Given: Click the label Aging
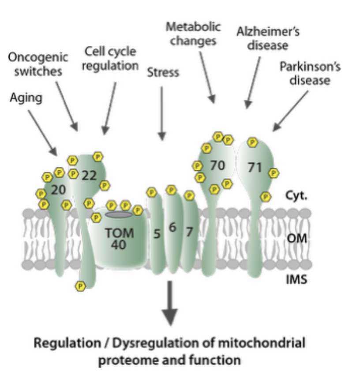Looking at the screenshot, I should [x=26, y=98].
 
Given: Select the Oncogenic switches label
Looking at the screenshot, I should [x=39, y=64].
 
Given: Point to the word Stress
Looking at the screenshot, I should [x=163, y=72].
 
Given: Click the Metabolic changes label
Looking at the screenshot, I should [x=193, y=34].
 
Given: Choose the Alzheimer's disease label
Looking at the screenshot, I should [x=262, y=38].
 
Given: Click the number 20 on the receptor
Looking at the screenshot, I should [x=58, y=190].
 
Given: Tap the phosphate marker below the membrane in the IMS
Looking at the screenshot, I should [x=80, y=286].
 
